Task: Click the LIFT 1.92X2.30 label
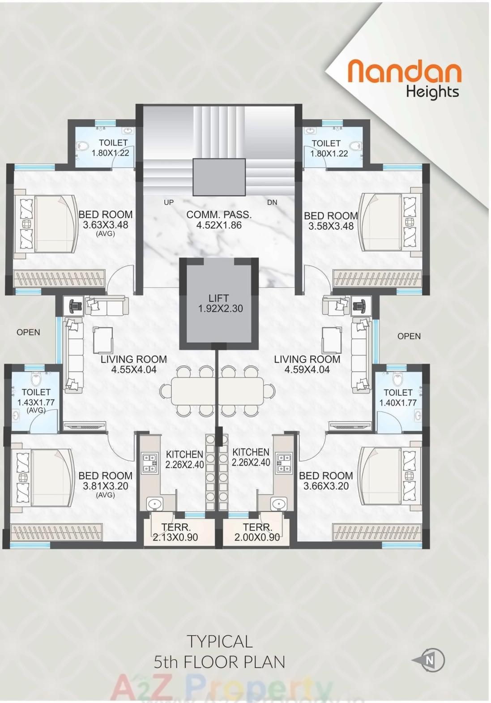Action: (x=220, y=303)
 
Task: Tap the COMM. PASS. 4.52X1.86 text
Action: (x=219, y=220)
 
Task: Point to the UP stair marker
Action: (x=169, y=202)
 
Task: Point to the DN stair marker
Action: (x=272, y=202)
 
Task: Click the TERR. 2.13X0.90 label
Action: (x=175, y=532)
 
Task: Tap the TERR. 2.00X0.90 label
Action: (x=257, y=532)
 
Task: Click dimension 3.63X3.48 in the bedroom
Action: (x=106, y=225)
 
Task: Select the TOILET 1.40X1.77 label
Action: (x=397, y=398)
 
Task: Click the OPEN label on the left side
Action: (x=28, y=332)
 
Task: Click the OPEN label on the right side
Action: (x=409, y=336)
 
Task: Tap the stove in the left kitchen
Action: (x=149, y=463)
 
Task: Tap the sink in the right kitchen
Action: (x=279, y=504)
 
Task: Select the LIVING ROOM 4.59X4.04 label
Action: (x=307, y=364)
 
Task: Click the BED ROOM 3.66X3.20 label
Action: (x=326, y=481)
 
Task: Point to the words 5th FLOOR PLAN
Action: (x=219, y=662)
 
